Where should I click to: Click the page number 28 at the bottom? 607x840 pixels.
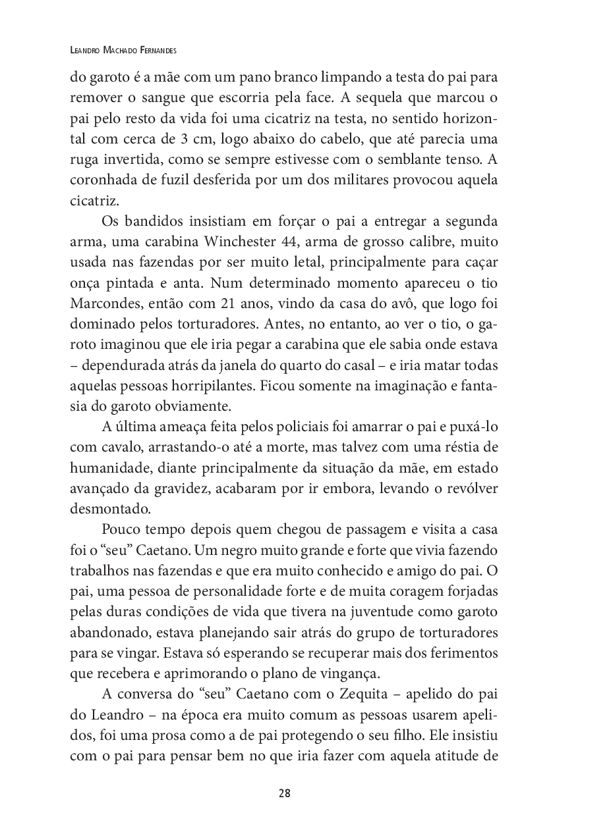[285, 793]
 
